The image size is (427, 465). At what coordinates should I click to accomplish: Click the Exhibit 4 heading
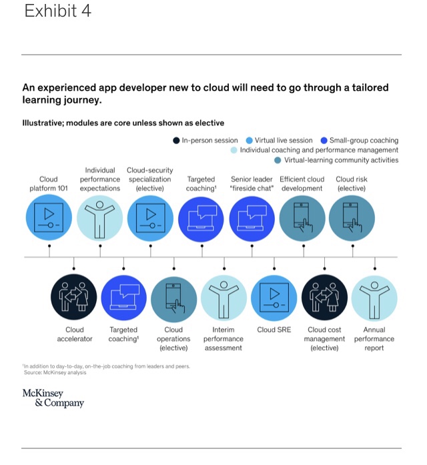tap(58, 12)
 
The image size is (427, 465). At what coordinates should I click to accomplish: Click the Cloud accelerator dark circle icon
tap(74, 298)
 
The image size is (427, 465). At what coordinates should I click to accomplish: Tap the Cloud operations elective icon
tap(174, 298)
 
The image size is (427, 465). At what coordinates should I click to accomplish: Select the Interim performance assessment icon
tap(224, 298)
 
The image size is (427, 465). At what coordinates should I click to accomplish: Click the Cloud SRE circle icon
tap(274, 298)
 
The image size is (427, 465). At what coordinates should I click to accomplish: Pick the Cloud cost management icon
tap(324, 298)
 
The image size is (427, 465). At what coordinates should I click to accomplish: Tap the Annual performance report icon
tap(374, 298)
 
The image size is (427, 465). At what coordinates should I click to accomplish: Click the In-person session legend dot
tap(176, 141)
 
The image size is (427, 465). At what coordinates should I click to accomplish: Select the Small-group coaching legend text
tap(364, 141)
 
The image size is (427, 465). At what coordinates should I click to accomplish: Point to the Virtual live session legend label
tap(284, 141)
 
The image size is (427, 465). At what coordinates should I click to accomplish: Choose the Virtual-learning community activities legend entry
tap(341, 160)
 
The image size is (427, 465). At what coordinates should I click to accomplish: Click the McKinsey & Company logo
tap(53, 398)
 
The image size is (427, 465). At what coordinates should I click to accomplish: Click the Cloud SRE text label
tap(274, 330)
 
